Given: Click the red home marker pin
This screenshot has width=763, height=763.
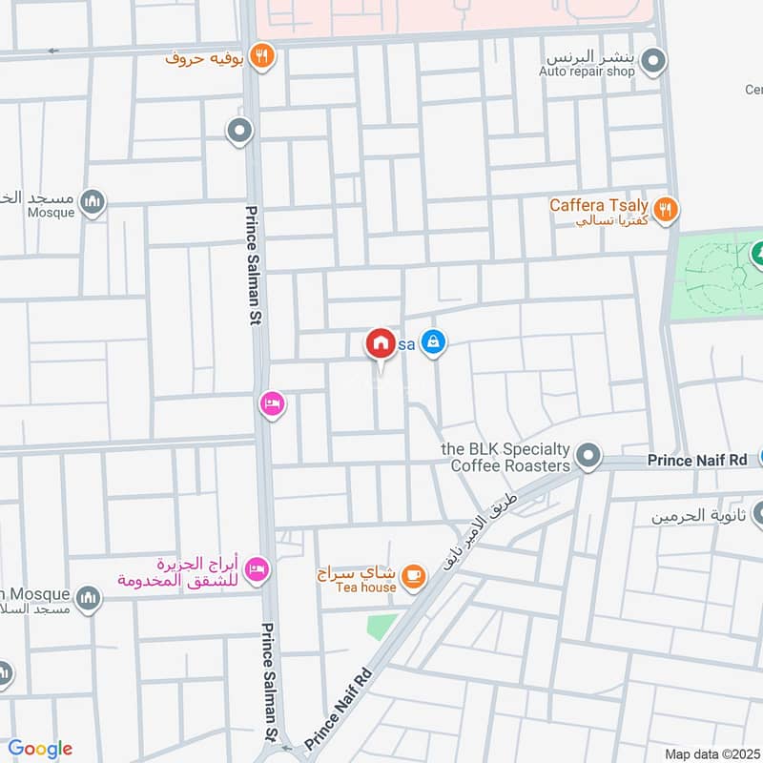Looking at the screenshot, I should [381, 343].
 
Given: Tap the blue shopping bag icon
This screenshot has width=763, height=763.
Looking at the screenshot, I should [434, 340].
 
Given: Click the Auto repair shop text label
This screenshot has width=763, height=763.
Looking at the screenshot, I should [587, 72].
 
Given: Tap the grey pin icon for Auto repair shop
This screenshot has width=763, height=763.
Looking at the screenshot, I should [653, 64].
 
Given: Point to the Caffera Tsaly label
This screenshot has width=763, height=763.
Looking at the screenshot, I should [599, 205].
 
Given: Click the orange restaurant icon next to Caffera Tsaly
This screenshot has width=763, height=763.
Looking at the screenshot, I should [668, 207].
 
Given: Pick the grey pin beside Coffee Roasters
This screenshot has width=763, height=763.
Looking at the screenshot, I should [589, 457].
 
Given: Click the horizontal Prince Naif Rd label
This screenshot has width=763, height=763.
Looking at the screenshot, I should [697, 461].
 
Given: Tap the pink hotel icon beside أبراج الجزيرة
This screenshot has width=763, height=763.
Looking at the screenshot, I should [257, 571].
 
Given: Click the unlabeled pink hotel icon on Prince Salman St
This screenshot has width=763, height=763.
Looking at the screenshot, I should [272, 405].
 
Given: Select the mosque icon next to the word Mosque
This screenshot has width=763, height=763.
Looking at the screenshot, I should [93, 201].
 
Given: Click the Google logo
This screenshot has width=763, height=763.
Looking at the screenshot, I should [40, 749].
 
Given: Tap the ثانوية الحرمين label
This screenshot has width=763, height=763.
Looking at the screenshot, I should [696, 516].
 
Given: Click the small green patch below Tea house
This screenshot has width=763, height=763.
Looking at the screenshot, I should [382, 626].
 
